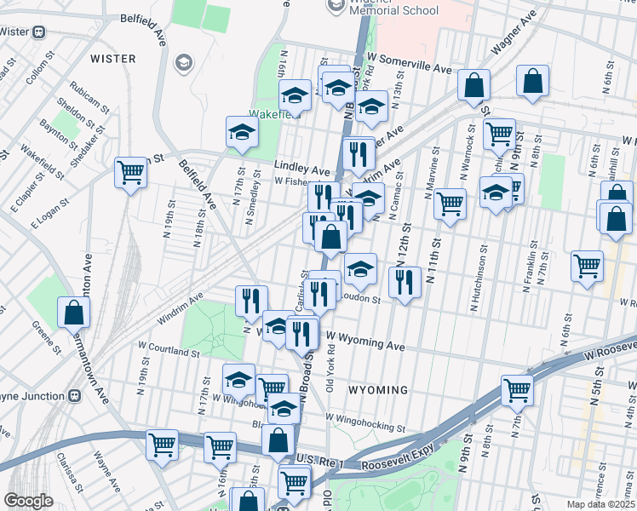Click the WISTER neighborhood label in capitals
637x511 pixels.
112,59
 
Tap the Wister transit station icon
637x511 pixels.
39,32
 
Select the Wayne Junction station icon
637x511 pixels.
75,395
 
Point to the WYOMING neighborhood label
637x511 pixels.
378,389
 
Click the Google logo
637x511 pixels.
28,501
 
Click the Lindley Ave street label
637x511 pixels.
301,169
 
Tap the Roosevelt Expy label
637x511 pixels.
397,464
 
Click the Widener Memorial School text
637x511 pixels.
395,10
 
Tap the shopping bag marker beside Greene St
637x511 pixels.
74,313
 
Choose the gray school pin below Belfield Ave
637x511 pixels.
182,62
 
